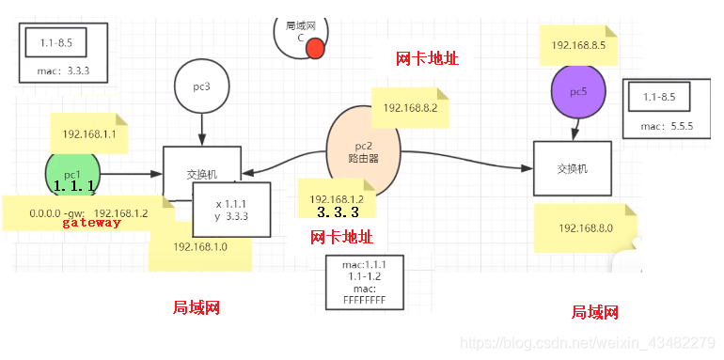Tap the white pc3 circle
(x=201, y=87)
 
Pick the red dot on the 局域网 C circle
(x=316, y=48)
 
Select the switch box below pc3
(x=201, y=172)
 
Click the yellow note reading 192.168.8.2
(x=410, y=109)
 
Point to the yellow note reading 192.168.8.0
(x=585, y=228)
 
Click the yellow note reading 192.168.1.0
(x=200, y=247)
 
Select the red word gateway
(x=91, y=223)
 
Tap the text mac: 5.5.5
(x=667, y=126)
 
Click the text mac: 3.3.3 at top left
(x=63, y=70)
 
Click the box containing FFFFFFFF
(x=364, y=283)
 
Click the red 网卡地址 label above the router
(x=427, y=59)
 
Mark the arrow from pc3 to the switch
(x=201, y=126)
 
